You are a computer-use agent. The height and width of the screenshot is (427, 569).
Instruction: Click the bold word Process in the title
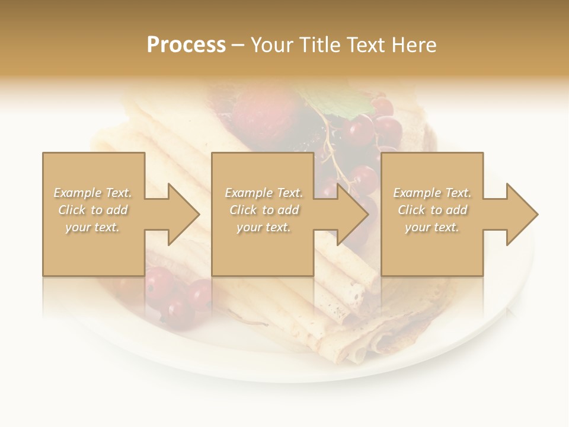[186, 45]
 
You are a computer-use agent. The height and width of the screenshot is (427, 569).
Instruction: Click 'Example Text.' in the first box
[92, 193]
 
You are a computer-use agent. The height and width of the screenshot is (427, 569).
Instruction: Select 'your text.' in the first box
[92, 227]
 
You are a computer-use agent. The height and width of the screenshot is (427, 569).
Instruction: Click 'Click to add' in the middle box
[264, 210]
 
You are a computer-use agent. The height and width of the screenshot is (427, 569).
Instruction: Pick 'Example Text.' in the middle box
[264, 193]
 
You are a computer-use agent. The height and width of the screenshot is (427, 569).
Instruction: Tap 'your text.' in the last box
[432, 227]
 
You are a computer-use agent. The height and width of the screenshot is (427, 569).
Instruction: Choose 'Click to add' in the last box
[432, 210]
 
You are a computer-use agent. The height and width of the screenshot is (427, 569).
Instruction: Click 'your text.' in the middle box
[264, 227]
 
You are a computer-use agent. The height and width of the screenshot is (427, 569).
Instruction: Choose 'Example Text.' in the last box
[432, 193]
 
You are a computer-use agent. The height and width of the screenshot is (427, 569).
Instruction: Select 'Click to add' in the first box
[92, 210]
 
